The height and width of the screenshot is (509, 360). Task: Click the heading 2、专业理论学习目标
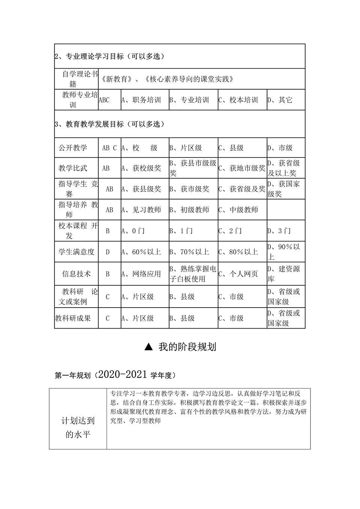click(109, 57)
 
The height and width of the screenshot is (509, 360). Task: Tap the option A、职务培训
click(141, 100)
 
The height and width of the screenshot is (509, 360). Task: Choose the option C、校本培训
click(238, 100)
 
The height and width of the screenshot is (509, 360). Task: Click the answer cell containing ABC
click(104, 100)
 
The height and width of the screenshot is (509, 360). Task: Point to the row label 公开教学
click(73, 148)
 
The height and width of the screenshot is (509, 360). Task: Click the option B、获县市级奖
click(193, 168)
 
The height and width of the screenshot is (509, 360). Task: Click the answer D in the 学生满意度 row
click(108, 252)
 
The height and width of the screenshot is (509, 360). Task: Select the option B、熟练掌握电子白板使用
click(193, 274)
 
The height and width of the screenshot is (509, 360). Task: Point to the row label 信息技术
click(76, 274)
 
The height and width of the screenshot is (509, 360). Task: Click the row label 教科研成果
click(73, 318)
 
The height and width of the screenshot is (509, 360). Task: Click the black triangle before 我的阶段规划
click(148, 347)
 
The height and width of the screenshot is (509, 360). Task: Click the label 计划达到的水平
click(78, 428)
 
